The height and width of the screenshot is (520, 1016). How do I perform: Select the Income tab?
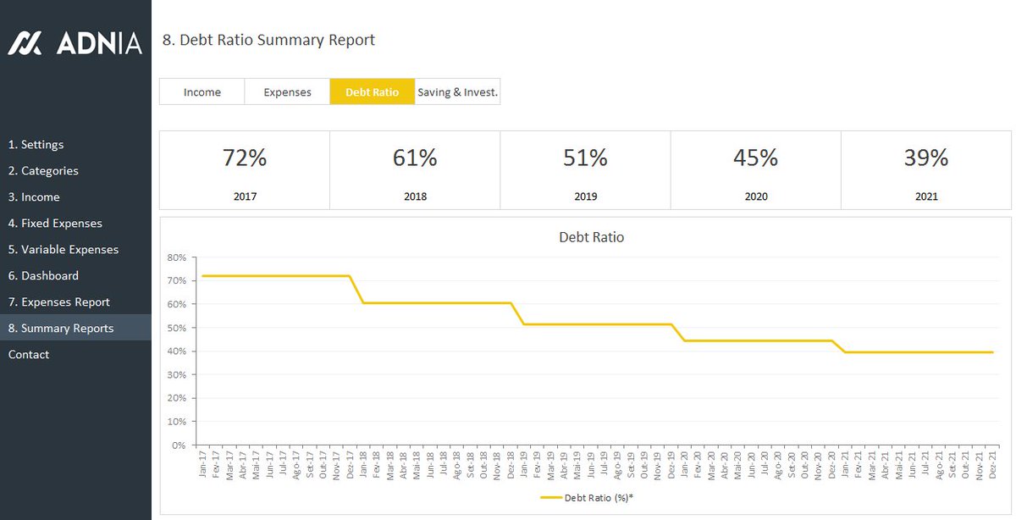pos(202,92)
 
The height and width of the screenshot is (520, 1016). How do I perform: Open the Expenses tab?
pos(287,92)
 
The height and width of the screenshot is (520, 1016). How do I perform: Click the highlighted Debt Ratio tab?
pos(372,92)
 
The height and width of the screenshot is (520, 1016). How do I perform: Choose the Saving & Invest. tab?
pos(457,92)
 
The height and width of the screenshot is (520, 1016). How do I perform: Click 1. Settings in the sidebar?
pos(36,145)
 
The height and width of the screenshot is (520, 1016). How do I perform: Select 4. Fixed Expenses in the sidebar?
pos(55,224)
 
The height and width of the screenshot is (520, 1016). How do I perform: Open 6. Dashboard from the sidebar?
pos(43,276)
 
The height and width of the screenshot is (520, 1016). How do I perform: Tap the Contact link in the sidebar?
pos(29,355)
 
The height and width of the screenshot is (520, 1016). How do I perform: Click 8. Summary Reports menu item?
pos(61,329)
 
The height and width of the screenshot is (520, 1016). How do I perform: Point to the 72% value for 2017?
pos(245,158)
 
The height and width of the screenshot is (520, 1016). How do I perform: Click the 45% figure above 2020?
pos(755,158)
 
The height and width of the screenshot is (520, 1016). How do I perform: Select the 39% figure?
pos(925,158)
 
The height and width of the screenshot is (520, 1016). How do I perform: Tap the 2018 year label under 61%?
pos(415,196)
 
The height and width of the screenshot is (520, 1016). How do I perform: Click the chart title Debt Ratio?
pos(591,237)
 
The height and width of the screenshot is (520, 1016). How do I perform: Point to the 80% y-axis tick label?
pos(176,257)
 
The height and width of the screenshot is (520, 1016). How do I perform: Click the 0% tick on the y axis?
pos(178,445)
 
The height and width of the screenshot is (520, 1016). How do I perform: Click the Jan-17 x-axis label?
pos(203,463)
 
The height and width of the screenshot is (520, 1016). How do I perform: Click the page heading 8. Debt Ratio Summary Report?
pos(268,40)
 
